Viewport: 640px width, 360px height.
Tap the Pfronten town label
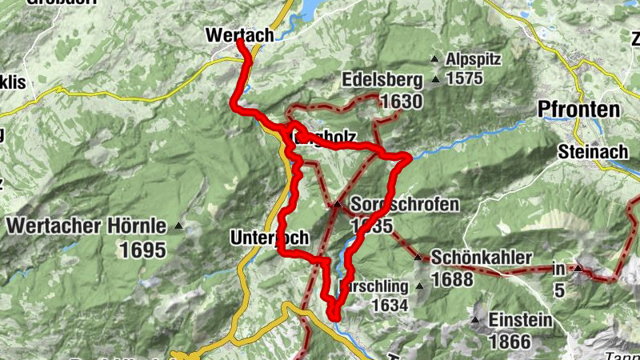[580, 110]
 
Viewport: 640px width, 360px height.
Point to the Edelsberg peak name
[381, 81]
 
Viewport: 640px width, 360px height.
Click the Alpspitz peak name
[474, 59]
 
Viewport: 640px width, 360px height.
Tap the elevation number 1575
[466, 78]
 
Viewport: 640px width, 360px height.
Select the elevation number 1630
[402, 102]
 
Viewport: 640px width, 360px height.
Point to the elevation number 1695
[143, 250]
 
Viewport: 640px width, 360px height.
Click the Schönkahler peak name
[482, 258]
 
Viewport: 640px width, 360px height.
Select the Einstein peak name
[522, 321]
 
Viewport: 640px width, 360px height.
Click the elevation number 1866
[510, 342]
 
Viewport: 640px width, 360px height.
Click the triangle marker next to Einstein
[476, 321]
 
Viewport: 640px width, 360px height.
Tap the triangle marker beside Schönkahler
[418, 258]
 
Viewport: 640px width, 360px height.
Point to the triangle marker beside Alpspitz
[434, 59]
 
